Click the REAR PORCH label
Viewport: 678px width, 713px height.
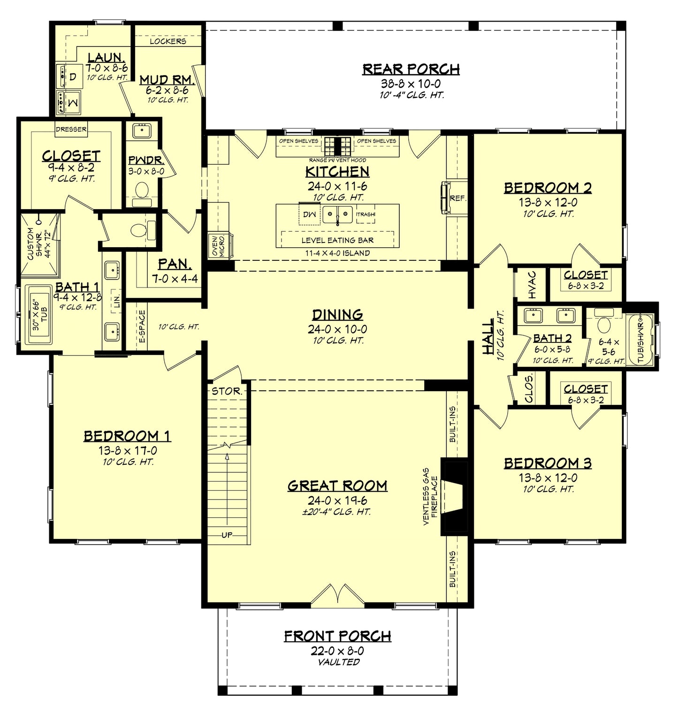[411, 69]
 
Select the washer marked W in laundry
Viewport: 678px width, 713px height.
[71, 102]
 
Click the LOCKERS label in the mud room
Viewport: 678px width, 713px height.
[168, 41]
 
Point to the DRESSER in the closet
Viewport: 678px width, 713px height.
[71, 129]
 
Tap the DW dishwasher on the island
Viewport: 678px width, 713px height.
[310, 214]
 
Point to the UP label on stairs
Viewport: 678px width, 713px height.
[227, 535]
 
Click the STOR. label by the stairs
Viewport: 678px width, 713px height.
[227, 391]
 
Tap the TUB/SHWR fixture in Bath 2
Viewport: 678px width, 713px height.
[641, 340]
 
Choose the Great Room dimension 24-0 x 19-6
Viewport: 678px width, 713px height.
[337, 501]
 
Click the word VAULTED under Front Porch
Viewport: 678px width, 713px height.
[337, 662]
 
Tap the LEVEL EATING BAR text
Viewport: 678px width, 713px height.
[337, 241]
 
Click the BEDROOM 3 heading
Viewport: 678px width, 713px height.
[548, 463]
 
